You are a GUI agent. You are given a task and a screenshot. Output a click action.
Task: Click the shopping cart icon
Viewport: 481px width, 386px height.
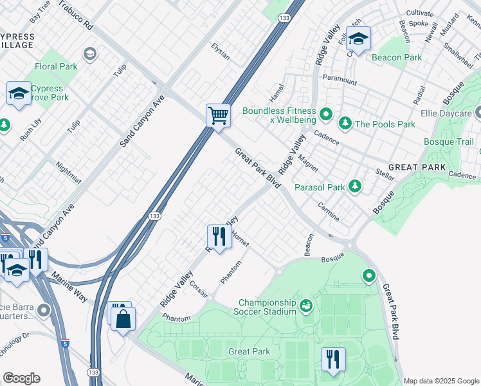pyautogui.click(x=219, y=116)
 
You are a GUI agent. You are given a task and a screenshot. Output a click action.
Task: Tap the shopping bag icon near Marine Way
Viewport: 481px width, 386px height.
pyautogui.click(x=123, y=318)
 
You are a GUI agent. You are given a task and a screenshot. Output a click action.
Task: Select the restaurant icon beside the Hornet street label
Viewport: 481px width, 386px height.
pyautogui.click(x=219, y=236)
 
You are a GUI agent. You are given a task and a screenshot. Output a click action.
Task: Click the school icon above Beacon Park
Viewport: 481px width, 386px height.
pyautogui.click(x=358, y=38)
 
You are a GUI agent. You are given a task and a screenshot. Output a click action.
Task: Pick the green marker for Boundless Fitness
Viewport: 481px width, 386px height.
pyautogui.click(x=326, y=115)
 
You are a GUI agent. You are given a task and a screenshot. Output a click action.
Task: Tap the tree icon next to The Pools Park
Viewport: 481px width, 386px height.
pyautogui.click(x=345, y=124)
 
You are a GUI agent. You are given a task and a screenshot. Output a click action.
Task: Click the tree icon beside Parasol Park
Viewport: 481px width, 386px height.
pyautogui.click(x=354, y=187)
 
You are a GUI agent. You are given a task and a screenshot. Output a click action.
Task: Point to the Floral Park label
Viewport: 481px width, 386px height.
pyautogui.click(x=56, y=66)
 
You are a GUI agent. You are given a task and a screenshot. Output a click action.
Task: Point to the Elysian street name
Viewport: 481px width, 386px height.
pyautogui.click(x=221, y=51)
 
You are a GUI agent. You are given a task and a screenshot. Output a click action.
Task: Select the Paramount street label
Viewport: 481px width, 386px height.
pyautogui.click(x=340, y=81)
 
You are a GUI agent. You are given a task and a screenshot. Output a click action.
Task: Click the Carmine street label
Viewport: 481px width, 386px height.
pyautogui.click(x=328, y=212)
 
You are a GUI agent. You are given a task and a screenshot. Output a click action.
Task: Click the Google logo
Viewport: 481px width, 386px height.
pyautogui.click(x=21, y=378)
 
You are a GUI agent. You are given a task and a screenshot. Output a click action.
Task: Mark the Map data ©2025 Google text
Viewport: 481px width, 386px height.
pyautogui.click(x=440, y=380)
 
